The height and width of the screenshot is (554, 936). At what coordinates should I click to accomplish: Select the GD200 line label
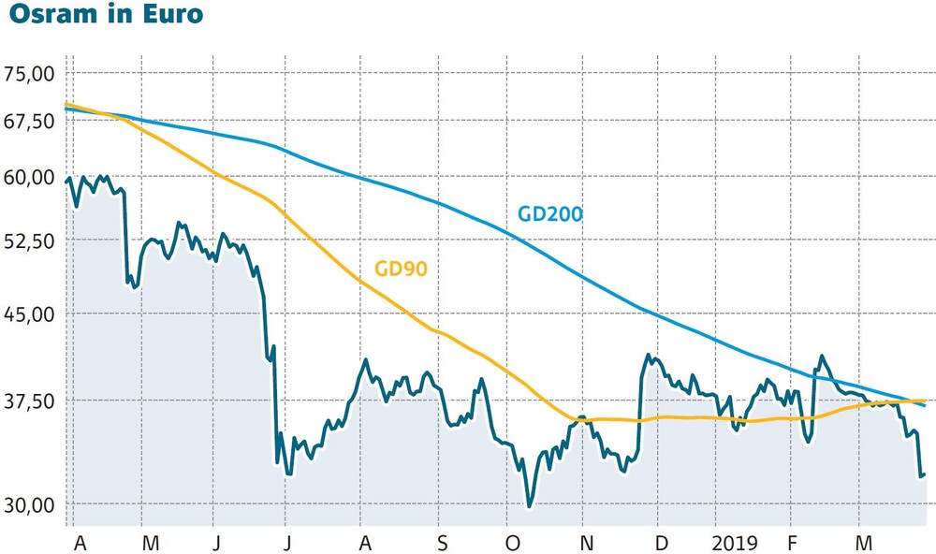[550, 213]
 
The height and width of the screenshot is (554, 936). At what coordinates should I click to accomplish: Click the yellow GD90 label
[401, 269]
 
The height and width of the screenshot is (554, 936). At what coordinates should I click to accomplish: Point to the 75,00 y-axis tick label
[31, 73]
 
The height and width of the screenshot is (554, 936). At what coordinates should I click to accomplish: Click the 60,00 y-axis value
[31, 177]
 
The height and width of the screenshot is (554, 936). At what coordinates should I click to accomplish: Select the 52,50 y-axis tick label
[31, 240]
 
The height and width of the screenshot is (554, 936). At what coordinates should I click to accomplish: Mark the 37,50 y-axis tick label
[31, 401]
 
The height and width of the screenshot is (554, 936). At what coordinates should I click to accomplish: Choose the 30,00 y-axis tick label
[31, 504]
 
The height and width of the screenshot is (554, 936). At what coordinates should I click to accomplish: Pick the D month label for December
[661, 542]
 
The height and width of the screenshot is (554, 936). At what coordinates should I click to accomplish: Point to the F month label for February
[793, 542]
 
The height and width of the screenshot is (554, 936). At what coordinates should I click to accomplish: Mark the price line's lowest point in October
[530, 506]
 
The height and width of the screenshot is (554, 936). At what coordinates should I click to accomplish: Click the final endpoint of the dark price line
[925, 474]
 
